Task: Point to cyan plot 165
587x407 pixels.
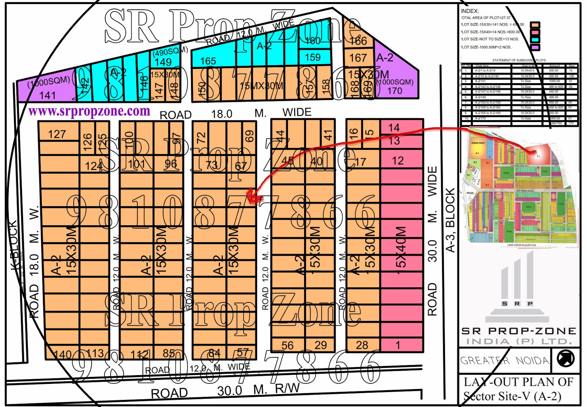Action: tap(208, 61)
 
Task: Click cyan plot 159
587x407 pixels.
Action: tap(313, 58)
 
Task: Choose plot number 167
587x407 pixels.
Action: tap(358, 58)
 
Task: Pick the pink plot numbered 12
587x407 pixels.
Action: tap(398, 160)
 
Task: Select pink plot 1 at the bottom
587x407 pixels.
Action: tap(398, 345)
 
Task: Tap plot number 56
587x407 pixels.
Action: tap(288, 345)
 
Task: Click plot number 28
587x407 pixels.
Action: tap(362, 345)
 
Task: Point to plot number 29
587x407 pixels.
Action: tap(321, 345)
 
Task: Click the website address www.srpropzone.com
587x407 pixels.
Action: tap(89, 111)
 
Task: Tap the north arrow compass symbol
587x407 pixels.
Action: tap(565, 358)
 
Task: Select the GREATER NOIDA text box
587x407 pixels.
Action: tap(505, 360)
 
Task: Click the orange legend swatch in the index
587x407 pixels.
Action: tap(535, 25)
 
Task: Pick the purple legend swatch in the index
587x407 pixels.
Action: tap(535, 47)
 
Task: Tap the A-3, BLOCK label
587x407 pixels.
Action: tap(450, 220)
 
